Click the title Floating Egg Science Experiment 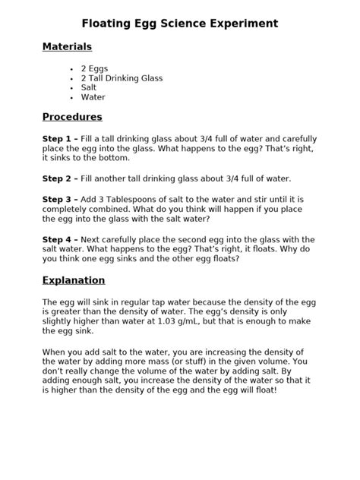[x=179, y=24]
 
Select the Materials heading [x=67, y=47]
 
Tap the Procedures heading [x=72, y=117]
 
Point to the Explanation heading [x=74, y=279]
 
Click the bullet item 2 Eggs [x=94, y=68]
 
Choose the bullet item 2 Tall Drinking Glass [x=122, y=78]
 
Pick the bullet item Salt [x=89, y=87]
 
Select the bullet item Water [x=93, y=97]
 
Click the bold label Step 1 [x=59, y=140]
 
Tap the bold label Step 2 [x=59, y=178]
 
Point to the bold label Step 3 [x=59, y=198]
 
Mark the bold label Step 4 [x=59, y=238]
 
